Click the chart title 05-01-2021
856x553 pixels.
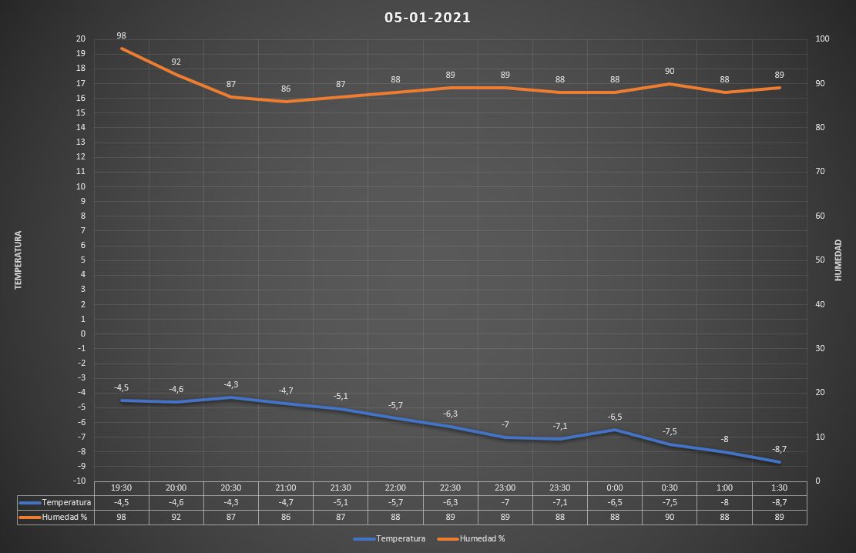[x=428, y=18]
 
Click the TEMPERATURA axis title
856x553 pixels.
[x=18, y=260]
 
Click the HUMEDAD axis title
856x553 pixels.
[x=838, y=260]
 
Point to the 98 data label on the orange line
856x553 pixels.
[x=122, y=35]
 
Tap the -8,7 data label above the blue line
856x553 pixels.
[x=779, y=448]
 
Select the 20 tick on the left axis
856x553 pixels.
[x=81, y=39]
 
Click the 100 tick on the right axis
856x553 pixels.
[x=823, y=39]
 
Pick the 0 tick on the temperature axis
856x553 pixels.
[x=82, y=333]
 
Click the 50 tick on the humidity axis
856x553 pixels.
[x=821, y=260]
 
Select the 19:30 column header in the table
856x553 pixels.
[x=122, y=488]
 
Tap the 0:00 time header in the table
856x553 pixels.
[x=615, y=488]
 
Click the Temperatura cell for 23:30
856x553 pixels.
[x=560, y=502]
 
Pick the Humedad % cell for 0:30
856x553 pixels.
[x=670, y=517]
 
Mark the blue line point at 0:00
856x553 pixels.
[x=615, y=430]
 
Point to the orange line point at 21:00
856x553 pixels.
[x=286, y=101]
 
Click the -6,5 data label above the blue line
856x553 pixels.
[x=615, y=417]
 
